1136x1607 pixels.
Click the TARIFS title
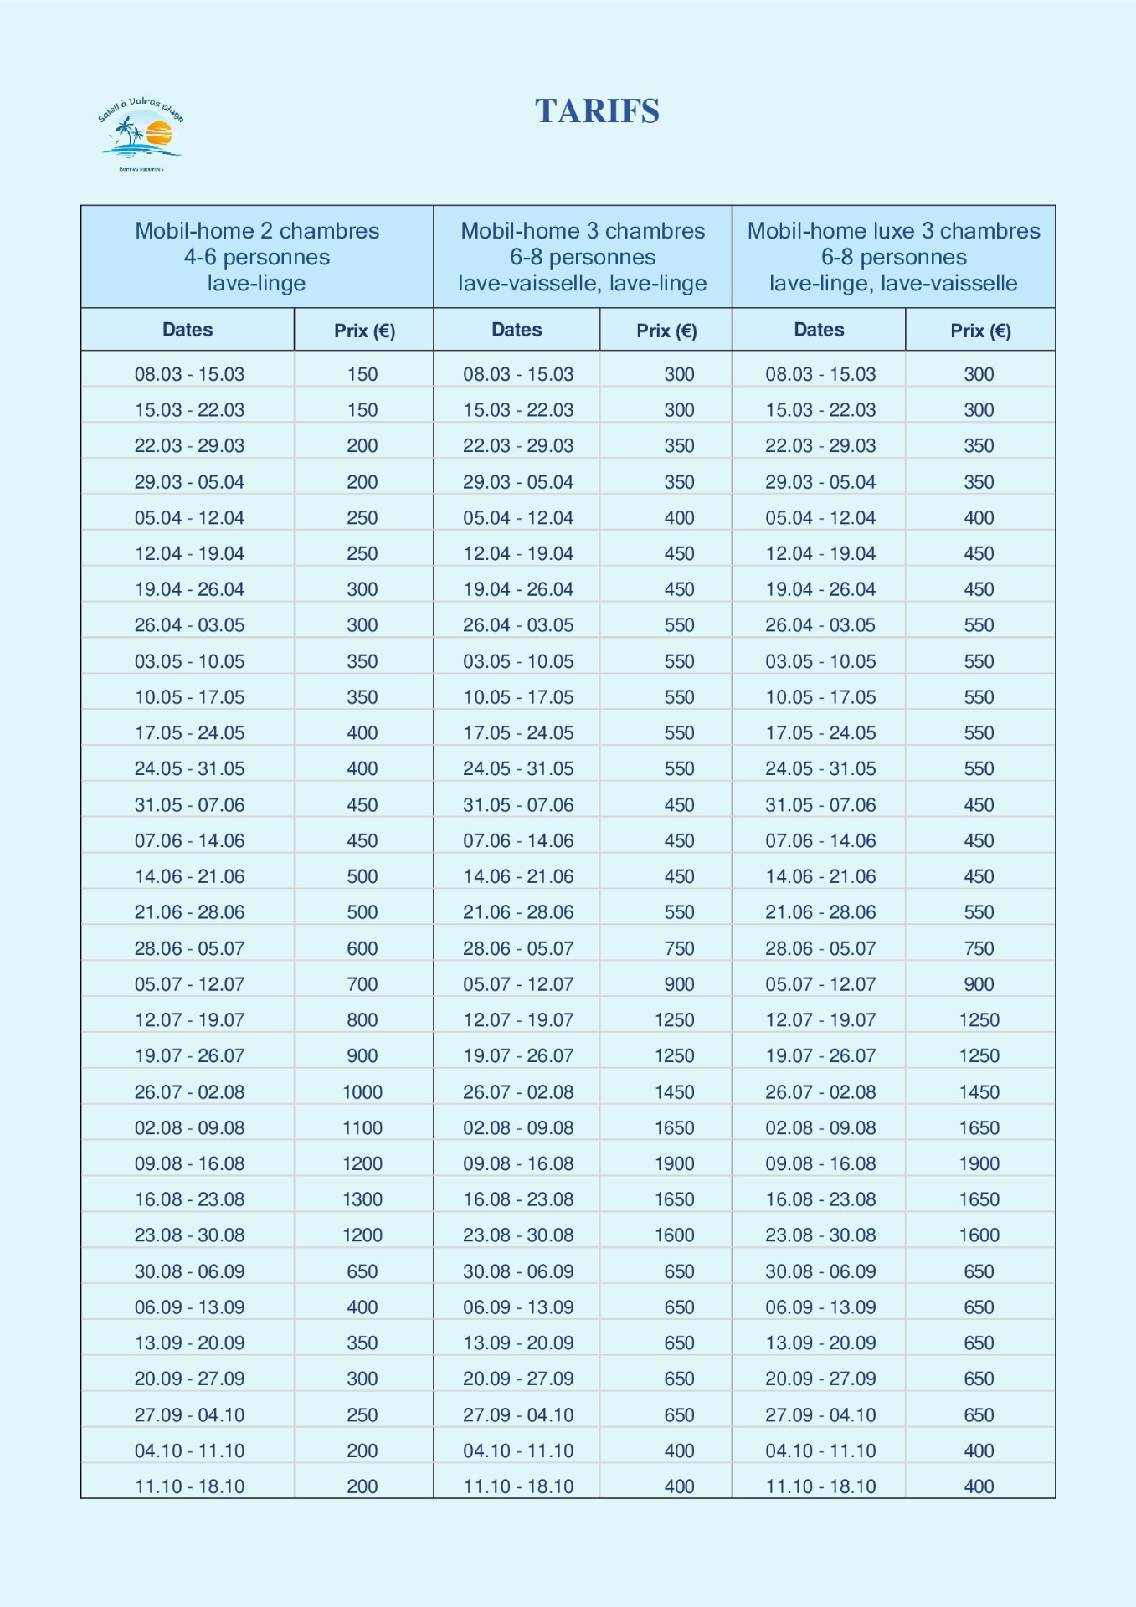597,111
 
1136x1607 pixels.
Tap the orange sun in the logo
158,132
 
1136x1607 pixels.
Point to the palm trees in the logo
128,132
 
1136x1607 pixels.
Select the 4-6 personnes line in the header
257,257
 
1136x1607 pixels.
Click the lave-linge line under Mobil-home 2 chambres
257,283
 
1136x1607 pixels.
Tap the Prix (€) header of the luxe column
980,331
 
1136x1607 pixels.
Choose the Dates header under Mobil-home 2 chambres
188,330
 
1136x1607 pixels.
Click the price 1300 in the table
362,1199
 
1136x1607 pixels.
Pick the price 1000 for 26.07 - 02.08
362,1092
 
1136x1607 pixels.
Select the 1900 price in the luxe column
979,1163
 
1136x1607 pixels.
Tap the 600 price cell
362,948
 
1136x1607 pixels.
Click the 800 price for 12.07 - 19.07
362,1020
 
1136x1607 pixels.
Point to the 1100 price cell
362,1128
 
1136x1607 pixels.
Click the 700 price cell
362,984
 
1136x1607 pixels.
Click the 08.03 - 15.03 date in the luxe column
820,374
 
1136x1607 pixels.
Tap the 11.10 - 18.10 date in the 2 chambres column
190,1486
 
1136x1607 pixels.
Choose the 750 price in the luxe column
979,948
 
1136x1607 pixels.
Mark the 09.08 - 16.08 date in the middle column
518,1163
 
